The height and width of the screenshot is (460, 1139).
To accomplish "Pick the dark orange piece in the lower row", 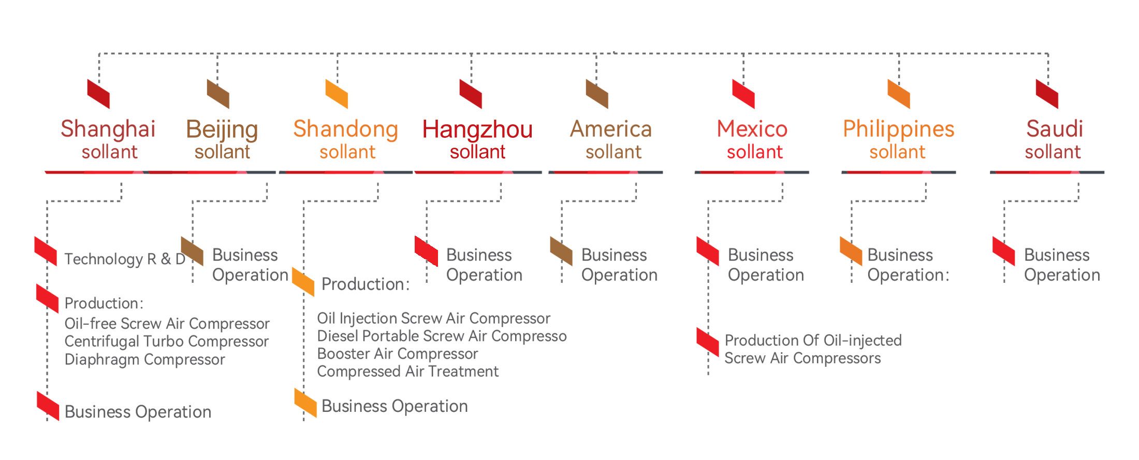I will pyautogui.click(x=839, y=246).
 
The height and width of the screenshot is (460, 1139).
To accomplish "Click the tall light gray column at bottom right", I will pyautogui.click(x=999, y=352).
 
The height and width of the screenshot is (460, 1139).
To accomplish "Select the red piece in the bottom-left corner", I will pyautogui.click(x=47, y=404).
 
